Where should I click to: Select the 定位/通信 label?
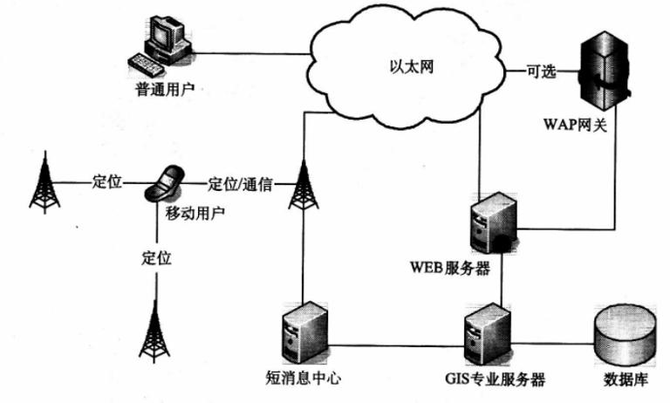(241, 184)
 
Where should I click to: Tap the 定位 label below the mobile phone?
(156, 258)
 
